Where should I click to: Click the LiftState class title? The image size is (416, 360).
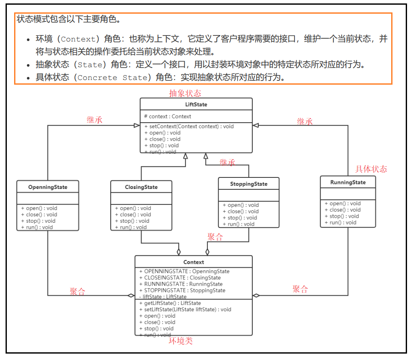(196, 104)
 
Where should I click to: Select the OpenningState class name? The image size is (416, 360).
(47, 187)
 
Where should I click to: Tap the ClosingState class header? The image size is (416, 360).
(141, 187)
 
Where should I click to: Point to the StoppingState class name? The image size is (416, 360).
(248, 184)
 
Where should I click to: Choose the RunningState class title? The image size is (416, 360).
(348, 182)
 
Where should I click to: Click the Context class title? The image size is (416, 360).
(193, 262)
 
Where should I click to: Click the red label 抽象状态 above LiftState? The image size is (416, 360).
(185, 93)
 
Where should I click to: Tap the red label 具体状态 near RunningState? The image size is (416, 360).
(371, 169)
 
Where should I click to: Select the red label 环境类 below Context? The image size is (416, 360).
(181, 341)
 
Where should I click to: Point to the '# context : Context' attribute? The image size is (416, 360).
(168, 116)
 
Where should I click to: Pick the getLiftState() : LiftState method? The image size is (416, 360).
(170, 303)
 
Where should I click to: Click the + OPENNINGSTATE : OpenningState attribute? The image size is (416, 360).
(184, 271)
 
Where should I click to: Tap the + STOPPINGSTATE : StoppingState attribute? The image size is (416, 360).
(182, 290)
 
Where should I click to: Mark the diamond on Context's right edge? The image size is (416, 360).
(256, 295)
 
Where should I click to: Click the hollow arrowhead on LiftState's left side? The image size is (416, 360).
(136, 125)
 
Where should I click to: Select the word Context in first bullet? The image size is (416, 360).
(78, 39)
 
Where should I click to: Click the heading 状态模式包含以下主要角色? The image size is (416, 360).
(68, 19)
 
